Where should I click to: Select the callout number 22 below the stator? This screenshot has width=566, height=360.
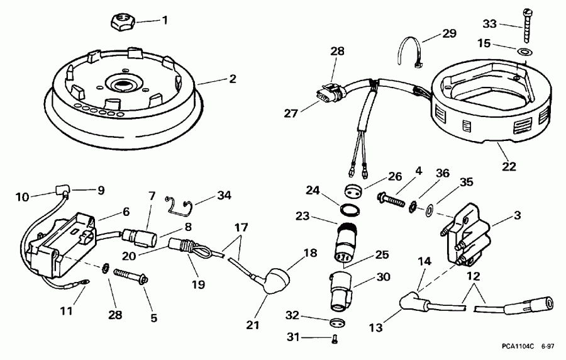click(x=509, y=167)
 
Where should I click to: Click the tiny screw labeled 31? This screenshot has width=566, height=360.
click(x=334, y=339)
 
